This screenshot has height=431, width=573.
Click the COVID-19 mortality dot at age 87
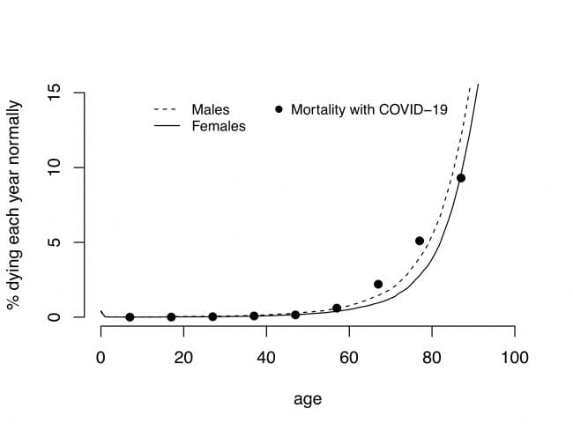coord(461,178)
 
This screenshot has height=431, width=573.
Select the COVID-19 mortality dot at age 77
coord(420,241)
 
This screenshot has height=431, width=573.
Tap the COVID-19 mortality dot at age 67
coord(378,284)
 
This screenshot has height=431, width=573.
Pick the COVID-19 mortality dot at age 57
coord(337,308)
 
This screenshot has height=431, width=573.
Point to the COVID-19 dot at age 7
coord(130,317)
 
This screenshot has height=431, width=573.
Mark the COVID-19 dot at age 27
coord(212,316)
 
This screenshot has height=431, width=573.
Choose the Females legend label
coord(218,126)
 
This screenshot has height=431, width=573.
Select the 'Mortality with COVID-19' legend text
coord(369,110)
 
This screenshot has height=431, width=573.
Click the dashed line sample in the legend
coord(167,110)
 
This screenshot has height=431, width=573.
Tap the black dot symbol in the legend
coord(279,110)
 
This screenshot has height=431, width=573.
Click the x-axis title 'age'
coord(307,399)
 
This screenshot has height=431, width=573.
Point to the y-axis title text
coord(15,204)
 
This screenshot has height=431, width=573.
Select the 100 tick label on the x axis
coord(514,358)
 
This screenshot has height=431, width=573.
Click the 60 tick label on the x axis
coord(348,358)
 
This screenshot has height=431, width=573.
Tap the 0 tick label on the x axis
coord(100,358)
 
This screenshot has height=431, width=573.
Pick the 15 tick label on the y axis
coord(54,93)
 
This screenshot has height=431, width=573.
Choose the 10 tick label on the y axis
coord(54,167)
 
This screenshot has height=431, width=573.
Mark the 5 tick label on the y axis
coord(54,242)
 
